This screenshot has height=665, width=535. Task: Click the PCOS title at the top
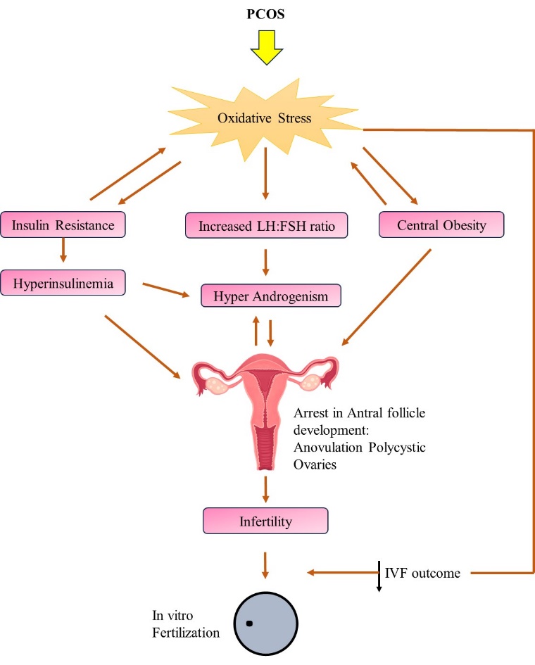pos(267,14)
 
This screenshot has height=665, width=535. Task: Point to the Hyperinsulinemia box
pos(63,283)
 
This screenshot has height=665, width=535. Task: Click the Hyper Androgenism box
pos(271,296)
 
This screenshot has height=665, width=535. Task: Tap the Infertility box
pos(266,521)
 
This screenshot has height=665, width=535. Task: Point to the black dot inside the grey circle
pos(248,623)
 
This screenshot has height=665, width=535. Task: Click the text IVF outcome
pos(422,573)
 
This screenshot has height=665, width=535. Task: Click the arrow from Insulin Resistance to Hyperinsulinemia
pos(63,251)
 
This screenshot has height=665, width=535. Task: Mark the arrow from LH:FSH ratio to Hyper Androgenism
pos(266,262)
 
